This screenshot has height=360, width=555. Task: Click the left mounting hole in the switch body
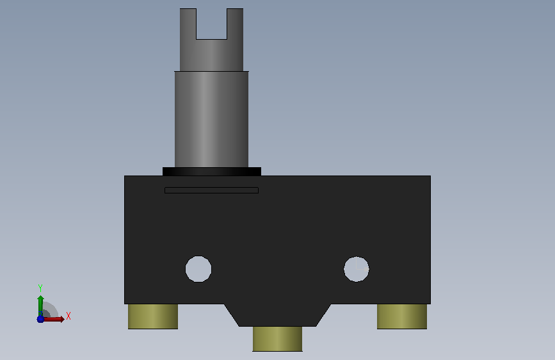198,269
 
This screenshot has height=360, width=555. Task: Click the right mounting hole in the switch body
357,269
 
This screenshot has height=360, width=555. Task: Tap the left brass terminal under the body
153,316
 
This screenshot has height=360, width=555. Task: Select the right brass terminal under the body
402,316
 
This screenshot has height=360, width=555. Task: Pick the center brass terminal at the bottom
278,339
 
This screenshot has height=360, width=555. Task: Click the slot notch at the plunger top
212,24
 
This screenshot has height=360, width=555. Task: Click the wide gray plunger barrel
212,119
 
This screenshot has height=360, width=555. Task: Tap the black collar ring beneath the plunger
212,172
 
